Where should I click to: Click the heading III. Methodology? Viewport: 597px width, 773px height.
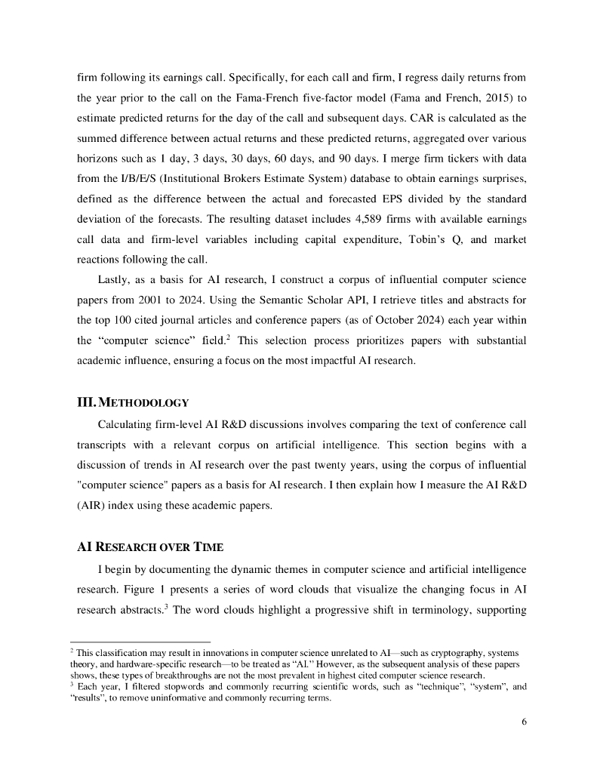(133, 401)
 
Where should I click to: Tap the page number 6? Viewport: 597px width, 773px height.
(524, 721)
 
